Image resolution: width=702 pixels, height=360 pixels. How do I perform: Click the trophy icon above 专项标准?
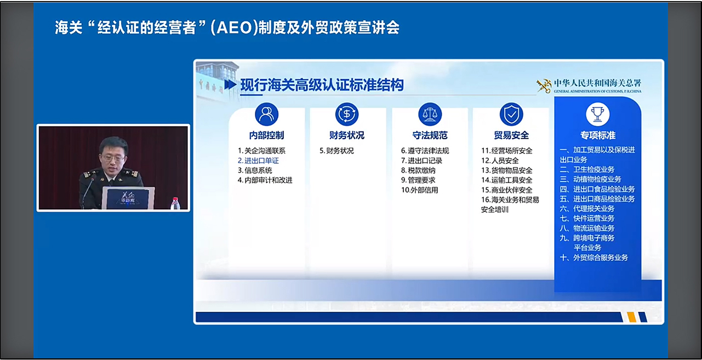point(598,114)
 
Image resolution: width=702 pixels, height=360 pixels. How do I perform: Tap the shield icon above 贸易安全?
point(511,114)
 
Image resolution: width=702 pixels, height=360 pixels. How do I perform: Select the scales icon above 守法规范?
point(430,114)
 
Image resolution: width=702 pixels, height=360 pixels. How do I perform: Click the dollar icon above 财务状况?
point(347,114)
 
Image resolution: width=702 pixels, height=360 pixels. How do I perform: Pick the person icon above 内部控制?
point(266,114)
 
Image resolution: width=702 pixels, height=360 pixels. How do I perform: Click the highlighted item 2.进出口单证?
point(258,161)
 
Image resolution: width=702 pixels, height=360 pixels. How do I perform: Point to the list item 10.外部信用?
point(420,190)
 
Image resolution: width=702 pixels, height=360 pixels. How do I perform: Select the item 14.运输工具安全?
point(507,180)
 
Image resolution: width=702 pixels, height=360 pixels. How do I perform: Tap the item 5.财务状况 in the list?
point(336,151)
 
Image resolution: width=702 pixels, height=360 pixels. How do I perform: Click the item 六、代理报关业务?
point(587,209)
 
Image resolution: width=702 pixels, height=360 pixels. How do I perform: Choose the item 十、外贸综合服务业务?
point(594,258)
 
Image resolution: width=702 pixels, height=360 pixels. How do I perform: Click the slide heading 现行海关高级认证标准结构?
point(322,85)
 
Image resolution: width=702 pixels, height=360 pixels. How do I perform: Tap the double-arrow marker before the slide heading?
point(230,84)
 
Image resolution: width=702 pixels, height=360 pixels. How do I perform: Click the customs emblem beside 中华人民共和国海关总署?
point(544,85)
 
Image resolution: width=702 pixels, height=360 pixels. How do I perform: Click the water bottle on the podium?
point(175,203)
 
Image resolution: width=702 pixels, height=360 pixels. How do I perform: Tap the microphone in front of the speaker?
point(88,191)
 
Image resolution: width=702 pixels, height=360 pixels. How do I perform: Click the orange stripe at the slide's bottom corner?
point(631,317)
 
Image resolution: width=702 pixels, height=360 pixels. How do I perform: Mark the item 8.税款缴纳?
point(418,170)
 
